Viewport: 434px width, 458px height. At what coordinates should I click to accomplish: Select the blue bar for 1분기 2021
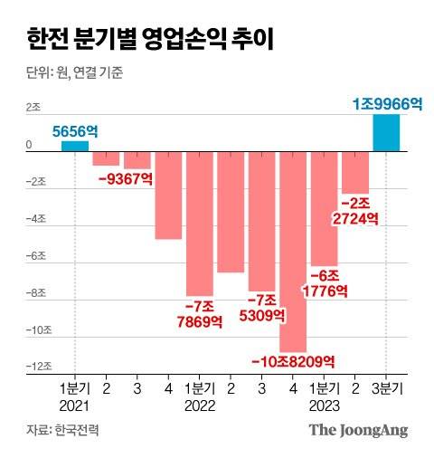click(x=75, y=146)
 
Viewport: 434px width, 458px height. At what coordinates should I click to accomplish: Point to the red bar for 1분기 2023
click(x=325, y=207)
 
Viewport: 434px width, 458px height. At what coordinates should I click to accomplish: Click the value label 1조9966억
click(x=387, y=104)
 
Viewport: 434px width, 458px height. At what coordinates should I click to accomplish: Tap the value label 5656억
click(x=74, y=131)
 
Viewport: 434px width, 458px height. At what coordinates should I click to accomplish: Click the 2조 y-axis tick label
click(x=33, y=108)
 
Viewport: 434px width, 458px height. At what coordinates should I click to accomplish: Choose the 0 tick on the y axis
click(x=29, y=145)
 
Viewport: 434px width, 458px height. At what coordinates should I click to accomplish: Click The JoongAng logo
click(x=360, y=430)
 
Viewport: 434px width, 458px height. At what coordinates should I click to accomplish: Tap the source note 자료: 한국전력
click(x=62, y=430)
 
